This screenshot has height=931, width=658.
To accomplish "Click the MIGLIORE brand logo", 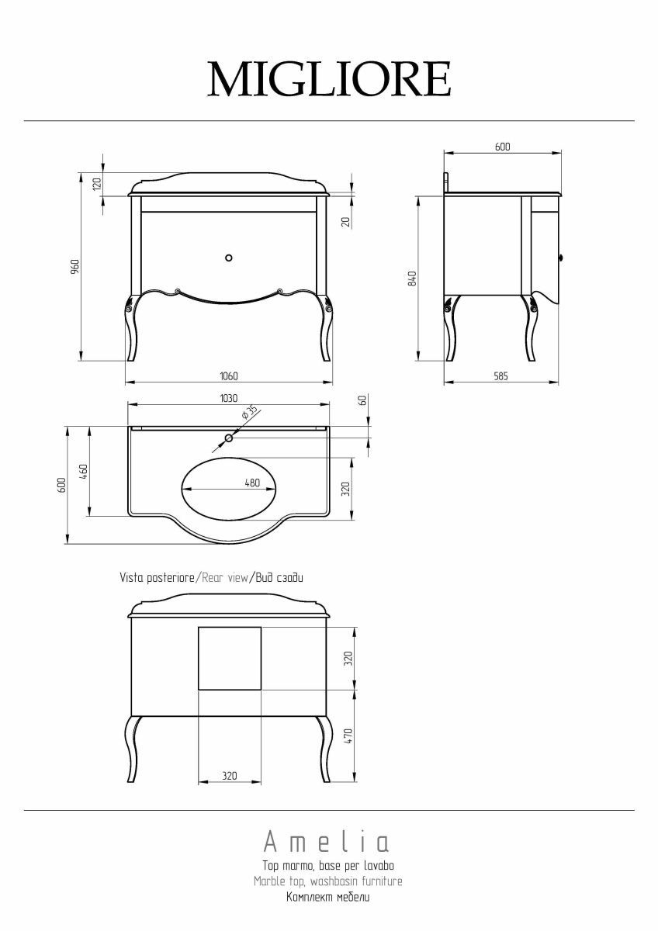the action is coord(329,78).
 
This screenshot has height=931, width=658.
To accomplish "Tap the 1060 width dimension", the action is coord(229,376).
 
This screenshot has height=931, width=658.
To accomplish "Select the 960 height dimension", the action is coord(74,267).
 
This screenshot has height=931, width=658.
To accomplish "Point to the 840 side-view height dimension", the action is coord(412,279).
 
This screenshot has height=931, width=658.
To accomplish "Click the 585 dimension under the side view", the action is coord(501,376).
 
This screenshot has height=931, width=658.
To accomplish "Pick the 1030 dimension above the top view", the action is coord(229,398).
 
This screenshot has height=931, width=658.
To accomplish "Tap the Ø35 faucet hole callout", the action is coord(250,412).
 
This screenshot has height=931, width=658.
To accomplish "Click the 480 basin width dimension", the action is coord(252,483).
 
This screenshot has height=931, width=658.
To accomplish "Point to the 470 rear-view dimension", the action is coord(348,736).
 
